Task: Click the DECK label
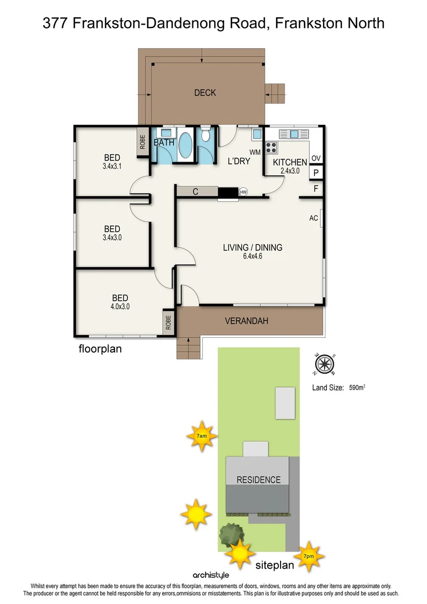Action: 205,93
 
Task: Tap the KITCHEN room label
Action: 290,163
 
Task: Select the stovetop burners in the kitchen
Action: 271,148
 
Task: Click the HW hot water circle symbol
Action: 243,192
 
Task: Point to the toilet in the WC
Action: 205,135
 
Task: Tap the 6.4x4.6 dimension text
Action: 252,257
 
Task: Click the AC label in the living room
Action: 314,218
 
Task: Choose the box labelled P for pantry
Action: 316,173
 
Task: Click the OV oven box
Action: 316,159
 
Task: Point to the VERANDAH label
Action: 246,321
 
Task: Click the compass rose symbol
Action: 324,364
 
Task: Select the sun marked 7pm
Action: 308,556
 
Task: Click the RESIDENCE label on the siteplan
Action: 258,480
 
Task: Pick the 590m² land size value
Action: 357,387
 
